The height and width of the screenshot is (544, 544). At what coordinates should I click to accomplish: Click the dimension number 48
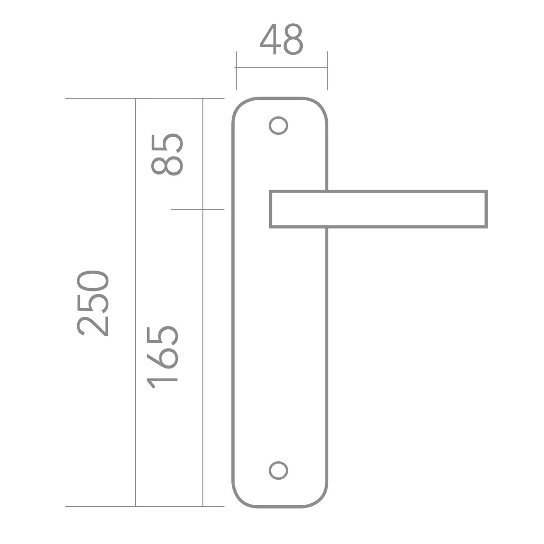tap(281, 39)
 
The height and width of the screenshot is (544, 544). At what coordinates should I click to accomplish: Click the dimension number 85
tap(167, 154)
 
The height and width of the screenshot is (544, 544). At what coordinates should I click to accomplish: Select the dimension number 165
tap(162, 357)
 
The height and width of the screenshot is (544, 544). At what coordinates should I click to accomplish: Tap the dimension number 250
tap(93, 304)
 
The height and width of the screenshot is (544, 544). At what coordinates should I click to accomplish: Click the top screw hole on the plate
tap(278, 125)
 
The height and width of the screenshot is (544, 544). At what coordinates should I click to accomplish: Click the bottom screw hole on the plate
tap(278, 471)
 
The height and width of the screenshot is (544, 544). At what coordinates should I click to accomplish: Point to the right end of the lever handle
tap(486, 209)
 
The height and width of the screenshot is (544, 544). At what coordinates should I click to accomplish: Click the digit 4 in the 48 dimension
tap(271, 39)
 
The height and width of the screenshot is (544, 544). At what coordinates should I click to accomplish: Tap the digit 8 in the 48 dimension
tap(293, 39)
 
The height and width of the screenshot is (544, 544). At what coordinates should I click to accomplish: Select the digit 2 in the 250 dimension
tap(93, 326)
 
